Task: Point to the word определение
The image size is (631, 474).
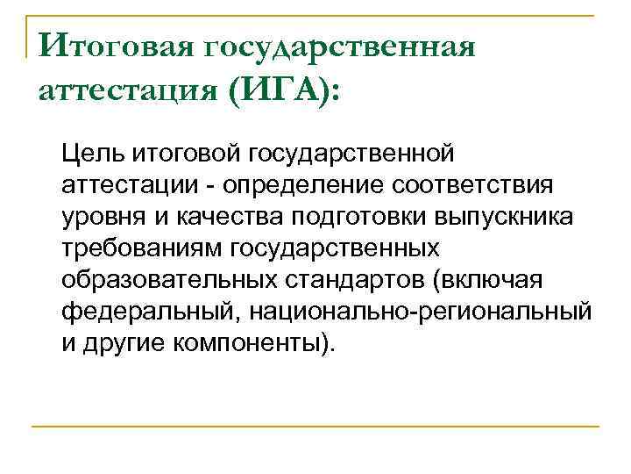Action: point(275,186)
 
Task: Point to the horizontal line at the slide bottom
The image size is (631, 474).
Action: point(315,427)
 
